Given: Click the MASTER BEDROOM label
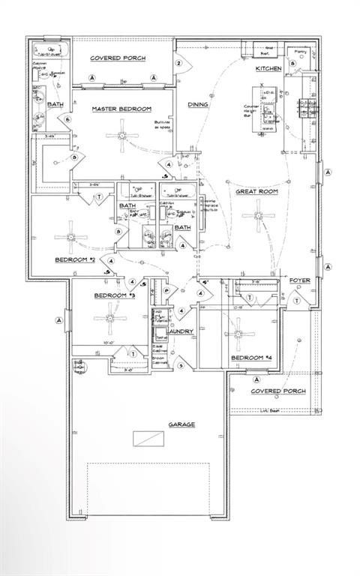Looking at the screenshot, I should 122,109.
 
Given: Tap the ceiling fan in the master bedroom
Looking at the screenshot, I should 122,136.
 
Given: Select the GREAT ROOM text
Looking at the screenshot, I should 258,191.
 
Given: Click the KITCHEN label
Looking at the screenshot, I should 268,69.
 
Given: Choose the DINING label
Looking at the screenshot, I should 198,105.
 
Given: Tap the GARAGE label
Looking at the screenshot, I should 181,424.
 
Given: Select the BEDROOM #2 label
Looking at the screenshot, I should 74,259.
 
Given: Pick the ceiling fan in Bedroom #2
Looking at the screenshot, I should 72,238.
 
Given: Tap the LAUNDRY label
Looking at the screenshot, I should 181,331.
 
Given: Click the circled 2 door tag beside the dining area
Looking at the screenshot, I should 178,64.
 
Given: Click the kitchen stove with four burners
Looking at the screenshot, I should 306,109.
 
